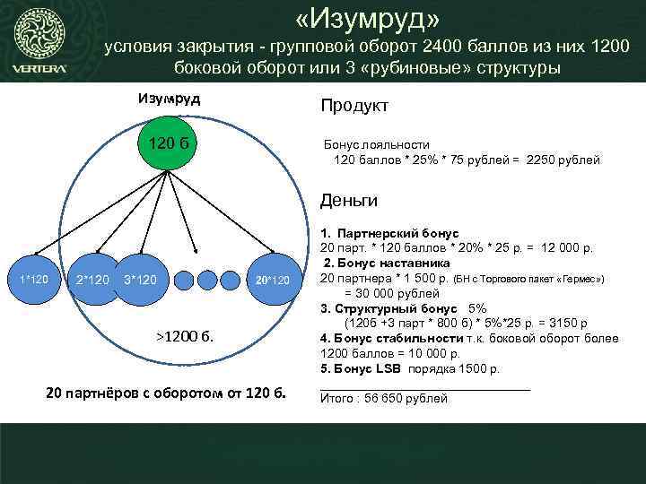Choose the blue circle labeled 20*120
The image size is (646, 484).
point(271,281)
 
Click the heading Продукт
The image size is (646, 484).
point(354,106)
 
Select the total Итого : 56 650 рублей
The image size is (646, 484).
point(384,398)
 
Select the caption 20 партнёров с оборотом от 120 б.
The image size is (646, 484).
point(165,393)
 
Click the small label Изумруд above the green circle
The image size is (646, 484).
point(169,98)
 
